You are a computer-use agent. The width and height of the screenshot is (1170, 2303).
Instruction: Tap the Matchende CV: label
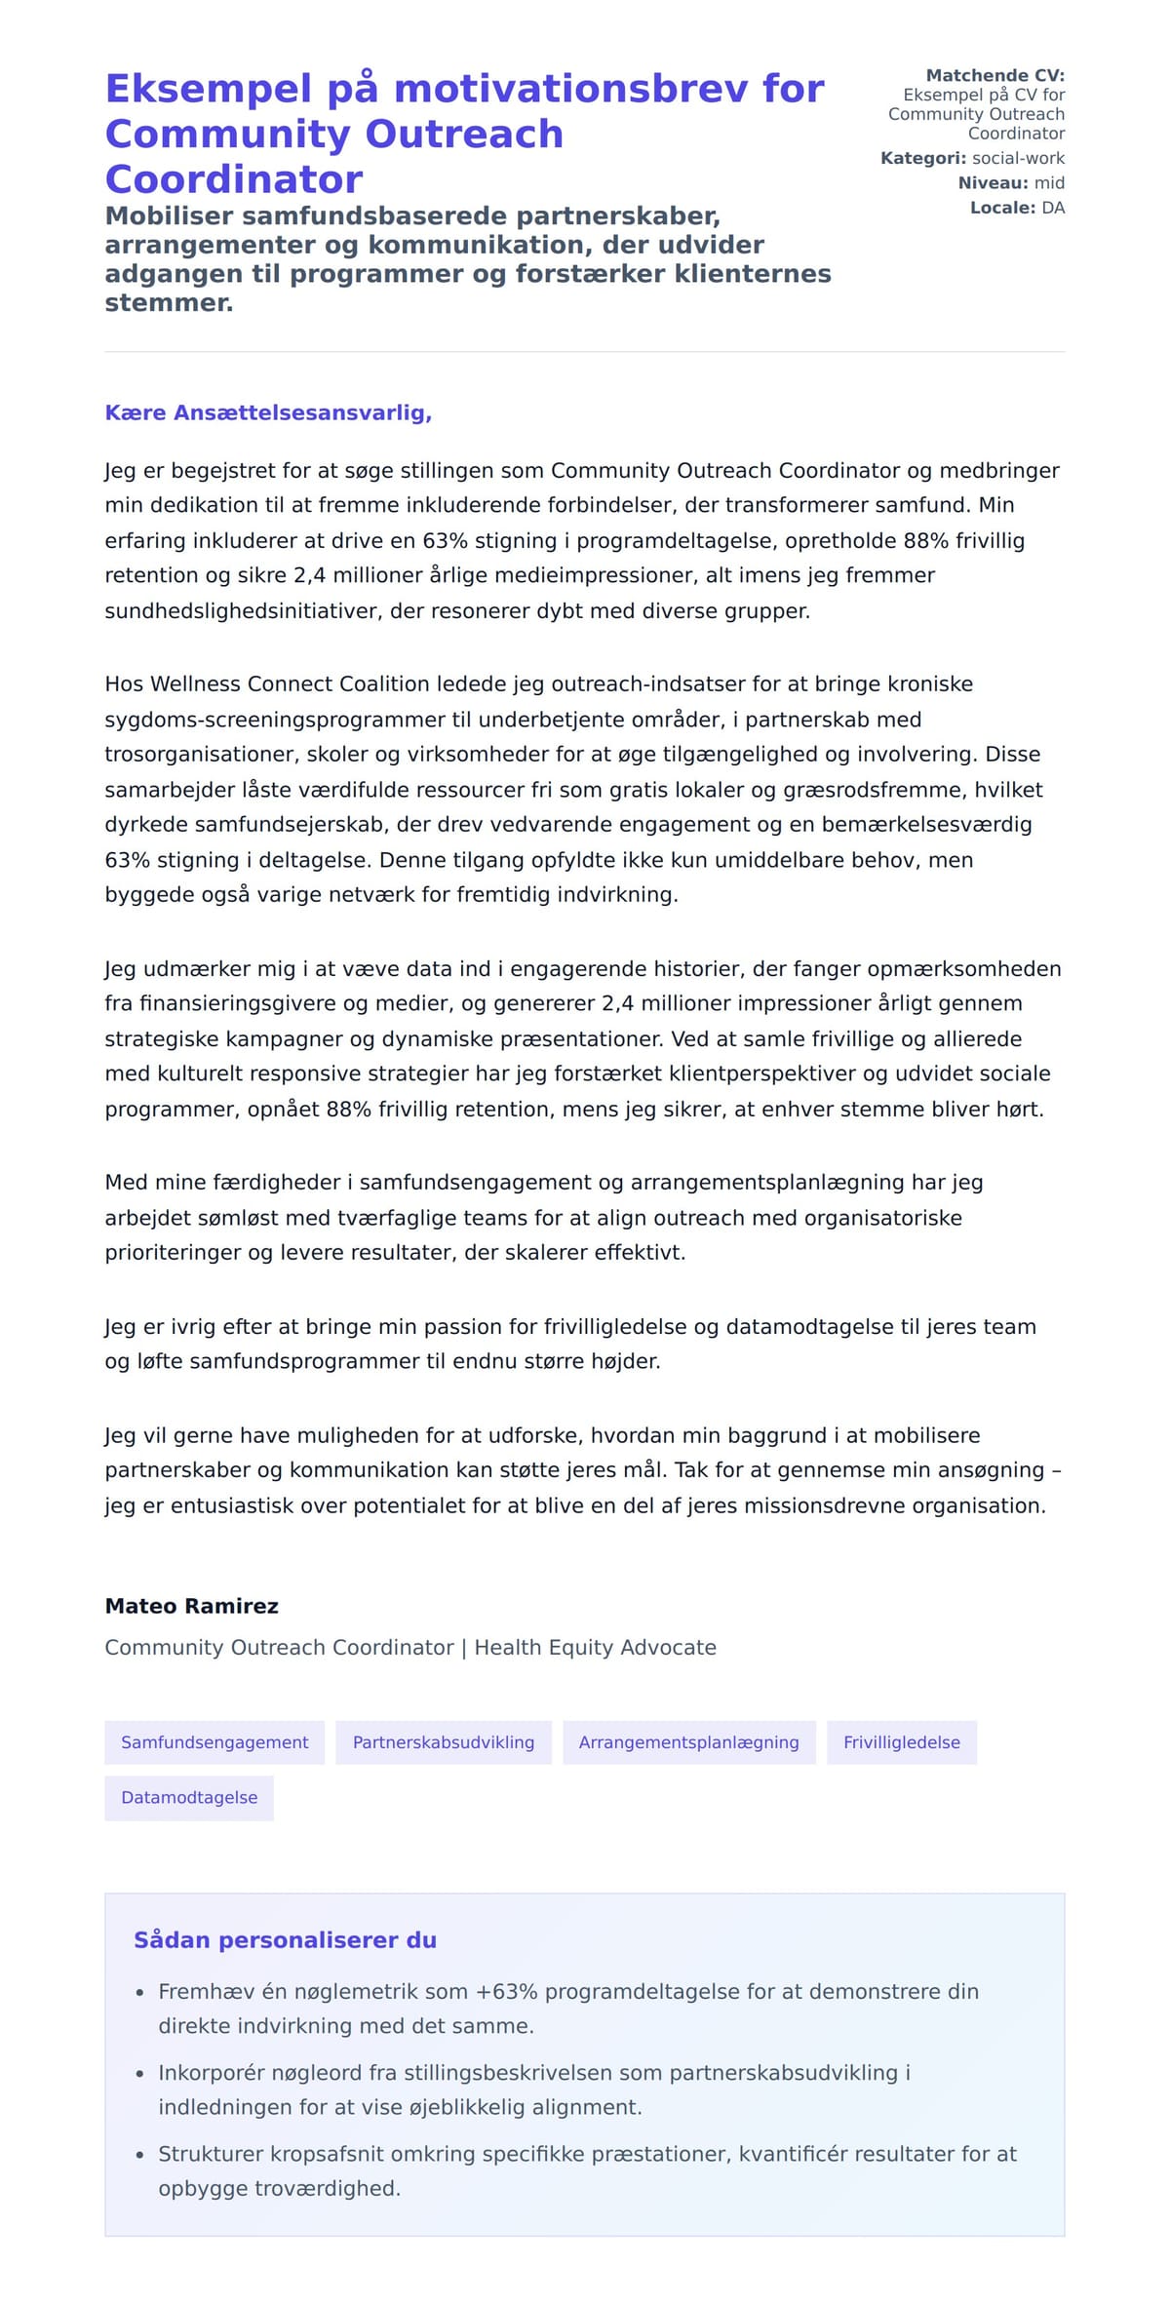(994, 75)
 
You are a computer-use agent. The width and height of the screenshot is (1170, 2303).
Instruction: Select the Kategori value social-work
(1018, 158)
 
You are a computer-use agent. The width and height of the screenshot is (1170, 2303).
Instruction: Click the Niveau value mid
(1049, 183)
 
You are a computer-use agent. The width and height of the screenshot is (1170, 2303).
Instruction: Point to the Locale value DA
(1053, 208)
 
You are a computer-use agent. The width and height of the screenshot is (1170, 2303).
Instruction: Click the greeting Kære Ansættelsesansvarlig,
(268, 413)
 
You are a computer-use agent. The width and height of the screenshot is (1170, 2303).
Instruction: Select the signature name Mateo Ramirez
(191, 1606)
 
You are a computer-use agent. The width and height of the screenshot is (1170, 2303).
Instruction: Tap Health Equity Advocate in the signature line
(595, 1648)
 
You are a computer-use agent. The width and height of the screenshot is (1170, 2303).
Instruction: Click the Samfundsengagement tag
(214, 1742)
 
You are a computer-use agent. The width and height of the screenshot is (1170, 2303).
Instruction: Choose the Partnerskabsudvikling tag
(443, 1742)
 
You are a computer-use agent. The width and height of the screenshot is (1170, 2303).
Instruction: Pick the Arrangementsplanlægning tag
(688, 1742)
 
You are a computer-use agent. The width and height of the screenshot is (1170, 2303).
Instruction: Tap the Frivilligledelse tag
(901, 1742)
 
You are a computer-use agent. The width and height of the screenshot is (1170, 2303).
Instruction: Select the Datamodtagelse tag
(189, 1798)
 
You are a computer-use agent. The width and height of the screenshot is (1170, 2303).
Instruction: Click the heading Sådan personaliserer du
(285, 1940)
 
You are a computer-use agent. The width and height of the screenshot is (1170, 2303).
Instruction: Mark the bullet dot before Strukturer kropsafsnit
(139, 2156)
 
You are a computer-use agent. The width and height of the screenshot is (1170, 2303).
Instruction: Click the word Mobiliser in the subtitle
(167, 215)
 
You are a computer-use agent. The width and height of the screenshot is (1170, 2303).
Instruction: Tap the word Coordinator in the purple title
(233, 179)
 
